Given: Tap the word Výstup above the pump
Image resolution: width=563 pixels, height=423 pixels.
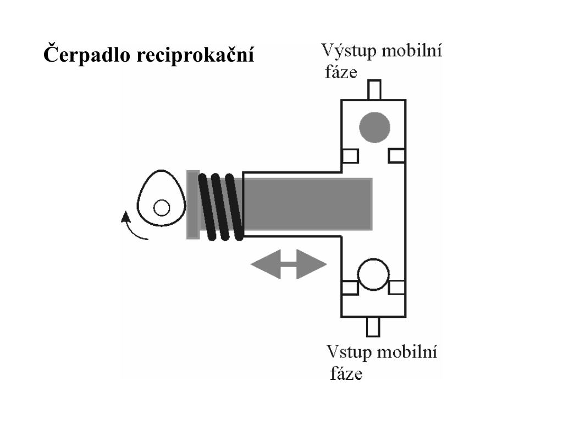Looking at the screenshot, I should [347, 53].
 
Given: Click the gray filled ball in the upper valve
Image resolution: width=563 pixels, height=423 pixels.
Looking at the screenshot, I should [374, 127].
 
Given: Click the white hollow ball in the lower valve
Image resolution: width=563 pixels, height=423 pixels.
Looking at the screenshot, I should [373, 274].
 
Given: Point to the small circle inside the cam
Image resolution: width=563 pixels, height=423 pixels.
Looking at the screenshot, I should [161, 208].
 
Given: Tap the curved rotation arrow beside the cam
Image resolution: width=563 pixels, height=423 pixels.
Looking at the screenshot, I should [132, 229].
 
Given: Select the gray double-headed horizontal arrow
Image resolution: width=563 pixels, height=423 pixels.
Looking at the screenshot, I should [288, 265].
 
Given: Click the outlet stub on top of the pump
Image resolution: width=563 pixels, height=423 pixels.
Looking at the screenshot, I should [374, 89].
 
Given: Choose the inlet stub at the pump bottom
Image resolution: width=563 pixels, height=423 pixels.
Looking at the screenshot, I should [373, 326].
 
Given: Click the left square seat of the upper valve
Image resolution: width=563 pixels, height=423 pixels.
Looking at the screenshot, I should [350, 156].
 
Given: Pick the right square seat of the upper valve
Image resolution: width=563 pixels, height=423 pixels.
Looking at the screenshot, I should [396, 156].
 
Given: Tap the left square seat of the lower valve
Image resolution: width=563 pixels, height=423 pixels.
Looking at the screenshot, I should [349, 287].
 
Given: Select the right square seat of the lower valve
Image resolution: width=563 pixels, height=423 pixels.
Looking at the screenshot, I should [396, 287].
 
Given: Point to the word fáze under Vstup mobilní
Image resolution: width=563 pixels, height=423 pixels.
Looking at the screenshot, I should [346, 374].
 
